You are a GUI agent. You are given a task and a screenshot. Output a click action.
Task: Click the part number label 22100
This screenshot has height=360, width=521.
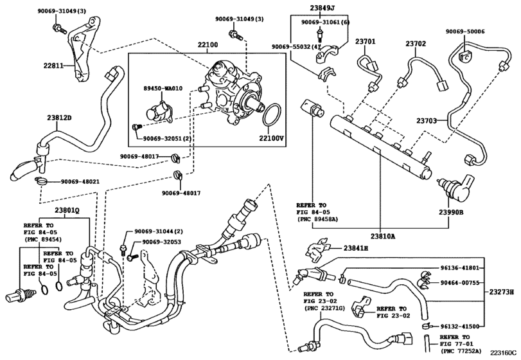[208, 44]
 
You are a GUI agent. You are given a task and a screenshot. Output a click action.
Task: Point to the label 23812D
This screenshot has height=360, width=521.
[59, 118]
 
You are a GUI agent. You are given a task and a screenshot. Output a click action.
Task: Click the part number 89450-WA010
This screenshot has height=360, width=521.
[163, 89]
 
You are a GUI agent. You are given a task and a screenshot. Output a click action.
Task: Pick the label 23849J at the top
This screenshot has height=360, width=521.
[320, 7]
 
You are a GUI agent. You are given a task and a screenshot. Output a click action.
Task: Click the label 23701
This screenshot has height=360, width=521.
[365, 42]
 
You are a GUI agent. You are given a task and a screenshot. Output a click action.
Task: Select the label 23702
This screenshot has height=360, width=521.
[416, 44]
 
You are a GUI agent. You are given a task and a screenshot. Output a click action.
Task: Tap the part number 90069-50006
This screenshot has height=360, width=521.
[465, 32]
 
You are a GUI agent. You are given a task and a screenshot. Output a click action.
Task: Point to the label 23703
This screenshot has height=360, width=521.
[427, 121]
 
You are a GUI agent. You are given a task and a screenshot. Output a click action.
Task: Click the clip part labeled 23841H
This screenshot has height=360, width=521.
[317, 248]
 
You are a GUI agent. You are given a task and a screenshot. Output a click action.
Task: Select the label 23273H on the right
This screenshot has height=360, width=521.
[502, 292]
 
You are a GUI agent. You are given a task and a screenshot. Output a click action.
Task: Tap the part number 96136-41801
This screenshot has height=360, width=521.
[460, 267]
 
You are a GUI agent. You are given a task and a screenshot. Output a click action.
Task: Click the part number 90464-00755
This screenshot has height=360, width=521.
[460, 283]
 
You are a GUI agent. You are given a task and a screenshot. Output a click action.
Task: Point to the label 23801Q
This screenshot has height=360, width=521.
[67, 210]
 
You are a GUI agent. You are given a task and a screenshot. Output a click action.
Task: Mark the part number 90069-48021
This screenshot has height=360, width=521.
[80, 182]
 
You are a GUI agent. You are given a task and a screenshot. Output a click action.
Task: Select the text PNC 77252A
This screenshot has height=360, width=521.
[461, 351]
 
